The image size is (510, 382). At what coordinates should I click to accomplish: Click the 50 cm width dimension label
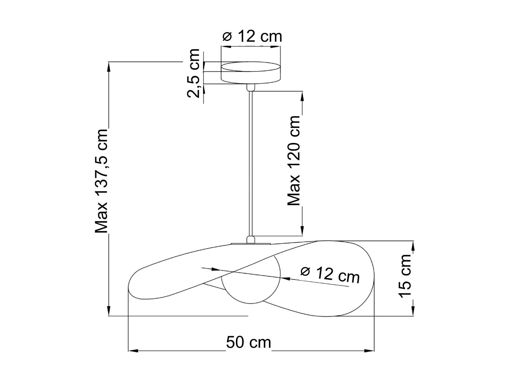pyautogui.click(x=249, y=342)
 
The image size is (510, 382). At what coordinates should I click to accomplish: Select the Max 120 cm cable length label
pyautogui.click(x=294, y=161)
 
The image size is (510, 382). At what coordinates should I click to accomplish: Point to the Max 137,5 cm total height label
pyautogui.click(x=101, y=181)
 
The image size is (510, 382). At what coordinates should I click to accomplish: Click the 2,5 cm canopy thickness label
pyautogui.click(x=193, y=73)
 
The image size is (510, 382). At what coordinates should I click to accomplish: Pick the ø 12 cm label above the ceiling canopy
pyautogui.click(x=252, y=36)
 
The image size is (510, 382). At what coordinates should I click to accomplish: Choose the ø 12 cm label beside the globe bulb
pyautogui.click(x=330, y=274)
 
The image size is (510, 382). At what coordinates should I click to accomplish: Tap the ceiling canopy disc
pyautogui.click(x=251, y=72)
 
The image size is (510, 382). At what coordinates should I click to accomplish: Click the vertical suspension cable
pyautogui.click(x=251, y=163)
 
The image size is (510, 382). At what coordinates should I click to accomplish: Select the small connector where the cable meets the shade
pyautogui.click(x=251, y=239)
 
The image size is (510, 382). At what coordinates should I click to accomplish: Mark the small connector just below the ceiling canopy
pyautogui.click(x=251, y=87)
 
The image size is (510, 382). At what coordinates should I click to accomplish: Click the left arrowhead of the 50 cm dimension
pyautogui.click(x=133, y=350)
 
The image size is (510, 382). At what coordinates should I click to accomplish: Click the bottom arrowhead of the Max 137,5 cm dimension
pyautogui.click(x=109, y=311)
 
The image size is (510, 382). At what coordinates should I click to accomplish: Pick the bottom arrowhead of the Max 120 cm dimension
pyautogui.click(x=302, y=231)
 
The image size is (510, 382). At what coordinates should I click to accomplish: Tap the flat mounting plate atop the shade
pyautogui.click(x=251, y=243)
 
